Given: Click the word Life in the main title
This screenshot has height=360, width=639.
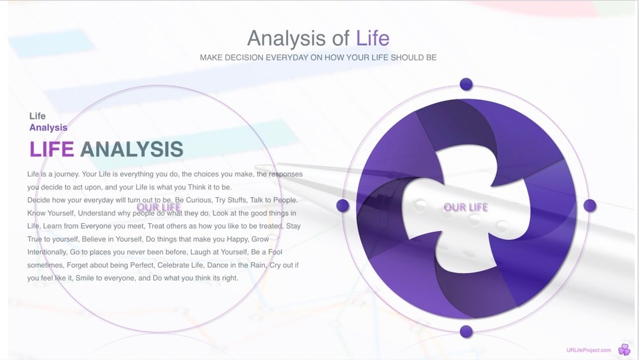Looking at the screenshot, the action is [373, 38].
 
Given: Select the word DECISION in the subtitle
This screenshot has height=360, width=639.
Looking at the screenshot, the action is [244, 57].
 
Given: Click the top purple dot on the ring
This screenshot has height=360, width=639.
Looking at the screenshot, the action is [466, 84].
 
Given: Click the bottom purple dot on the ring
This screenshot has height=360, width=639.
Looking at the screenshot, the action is [466, 331].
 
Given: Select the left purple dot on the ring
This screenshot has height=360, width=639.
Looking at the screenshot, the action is [343, 205].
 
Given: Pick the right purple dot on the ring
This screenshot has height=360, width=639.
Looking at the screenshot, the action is [589, 205].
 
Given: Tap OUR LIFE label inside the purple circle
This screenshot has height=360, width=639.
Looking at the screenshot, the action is [466, 207].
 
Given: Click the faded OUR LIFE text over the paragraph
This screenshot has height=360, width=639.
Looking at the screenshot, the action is [158, 207].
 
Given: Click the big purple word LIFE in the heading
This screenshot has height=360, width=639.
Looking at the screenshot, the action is [52, 149].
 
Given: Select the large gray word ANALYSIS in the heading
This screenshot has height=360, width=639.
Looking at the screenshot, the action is [132, 149].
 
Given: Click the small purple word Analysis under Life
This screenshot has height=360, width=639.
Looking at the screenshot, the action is [48, 128].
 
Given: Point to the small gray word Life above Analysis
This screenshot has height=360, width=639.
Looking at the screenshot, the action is [38, 116].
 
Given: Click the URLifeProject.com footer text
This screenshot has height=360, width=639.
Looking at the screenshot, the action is [589, 350].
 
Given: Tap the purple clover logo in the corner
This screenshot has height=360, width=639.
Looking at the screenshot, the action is [624, 349].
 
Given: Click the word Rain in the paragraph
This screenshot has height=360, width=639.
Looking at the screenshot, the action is [258, 265].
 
